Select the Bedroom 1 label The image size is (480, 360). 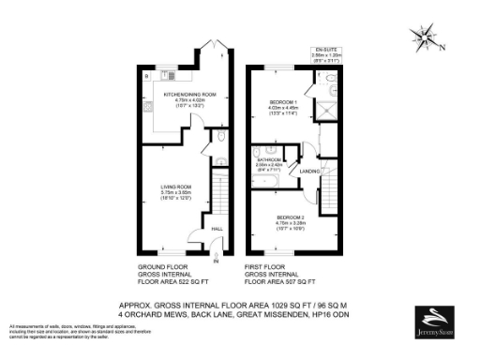point(283,101)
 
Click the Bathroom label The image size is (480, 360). point(269,160)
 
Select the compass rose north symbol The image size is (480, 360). point(427,39)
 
